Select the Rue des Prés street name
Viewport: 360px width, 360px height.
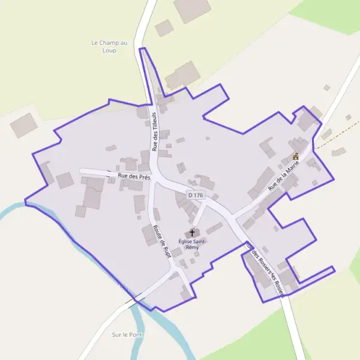tap(134, 176)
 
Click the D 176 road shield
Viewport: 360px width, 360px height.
tap(196, 195)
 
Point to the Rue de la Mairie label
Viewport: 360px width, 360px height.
tap(283, 178)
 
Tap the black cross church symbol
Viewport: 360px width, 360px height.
tap(193, 233)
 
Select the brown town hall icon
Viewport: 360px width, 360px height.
tap(295, 157)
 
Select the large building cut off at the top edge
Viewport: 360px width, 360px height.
tap(192, 9)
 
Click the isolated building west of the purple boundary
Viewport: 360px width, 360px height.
tap(23, 125)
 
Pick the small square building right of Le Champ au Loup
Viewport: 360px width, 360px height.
tap(164, 28)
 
